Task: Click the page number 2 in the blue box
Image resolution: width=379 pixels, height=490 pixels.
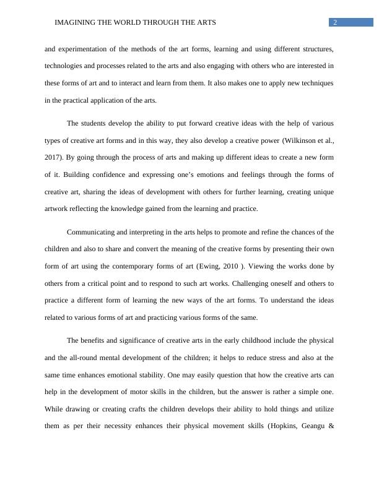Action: [x=335, y=23]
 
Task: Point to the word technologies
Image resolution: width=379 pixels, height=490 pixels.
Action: [x=64, y=66]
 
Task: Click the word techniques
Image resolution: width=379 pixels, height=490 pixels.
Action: [x=316, y=83]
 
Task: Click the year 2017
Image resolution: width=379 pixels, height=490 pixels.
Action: [x=53, y=158]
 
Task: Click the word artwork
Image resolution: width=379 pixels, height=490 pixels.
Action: [x=58, y=209]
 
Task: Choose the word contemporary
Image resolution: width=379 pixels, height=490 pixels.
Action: [x=132, y=267]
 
